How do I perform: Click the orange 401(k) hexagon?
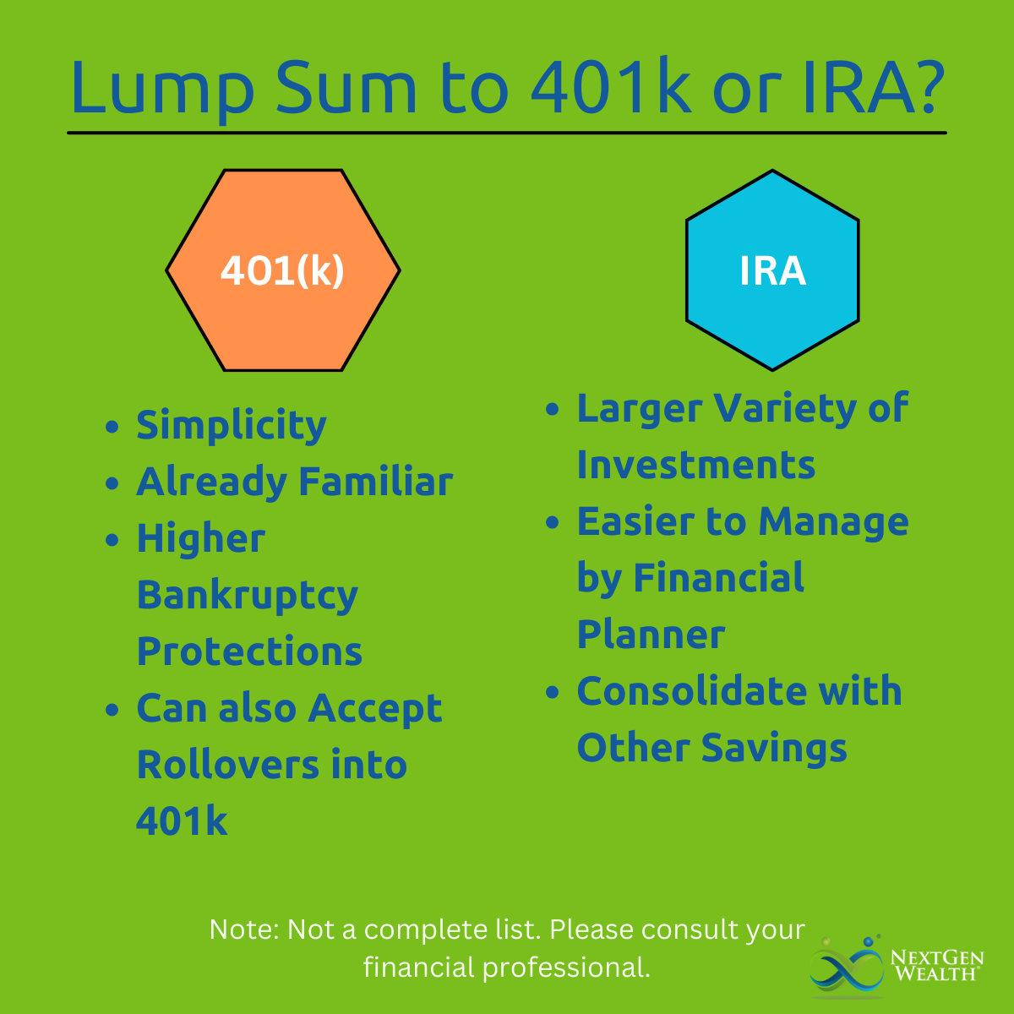click(x=283, y=270)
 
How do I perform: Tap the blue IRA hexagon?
click(x=772, y=270)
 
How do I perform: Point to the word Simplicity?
click(x=232, y=426)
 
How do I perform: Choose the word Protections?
click(x=249, y=651)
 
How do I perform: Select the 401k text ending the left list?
click(x=182, y=820)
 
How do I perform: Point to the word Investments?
click(x=696, y=465)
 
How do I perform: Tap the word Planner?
click(x=651, y=635)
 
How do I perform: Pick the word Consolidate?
click(x=692, y=690)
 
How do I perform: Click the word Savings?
click(x=774, y=749)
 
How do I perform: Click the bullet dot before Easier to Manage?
click(x=552, y=522)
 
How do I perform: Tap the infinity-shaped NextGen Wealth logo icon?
click(x=847, y=968)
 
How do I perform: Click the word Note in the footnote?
click(x=244, y=929)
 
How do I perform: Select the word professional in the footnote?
click(x=566, y=968)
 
